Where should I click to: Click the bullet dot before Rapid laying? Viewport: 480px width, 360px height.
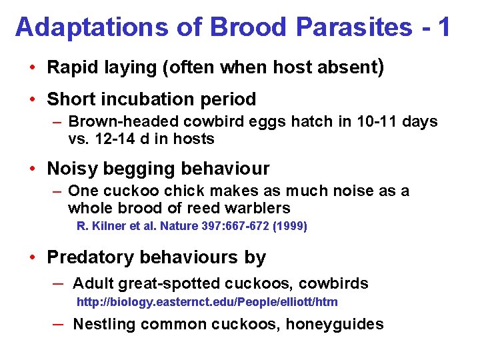tap(32, 68)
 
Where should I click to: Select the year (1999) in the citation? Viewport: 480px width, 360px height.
tap(291, 226)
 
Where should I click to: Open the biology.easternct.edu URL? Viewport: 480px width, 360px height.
tap(207, 302)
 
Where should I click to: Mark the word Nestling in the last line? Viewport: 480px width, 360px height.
tap(102, 324)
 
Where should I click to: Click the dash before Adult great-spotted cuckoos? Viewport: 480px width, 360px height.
tap(58, 283)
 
